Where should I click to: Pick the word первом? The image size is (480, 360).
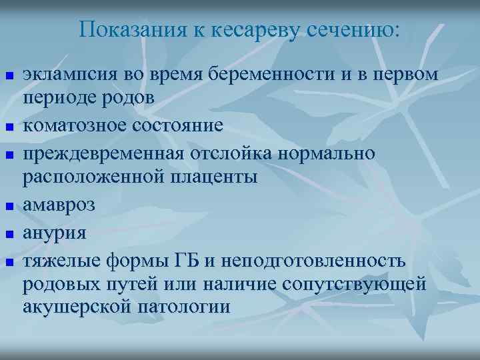click(x=407, y=75)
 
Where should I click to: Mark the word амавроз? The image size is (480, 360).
click(x=59, y=205)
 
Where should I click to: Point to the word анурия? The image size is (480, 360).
click(x=55, y=233)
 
